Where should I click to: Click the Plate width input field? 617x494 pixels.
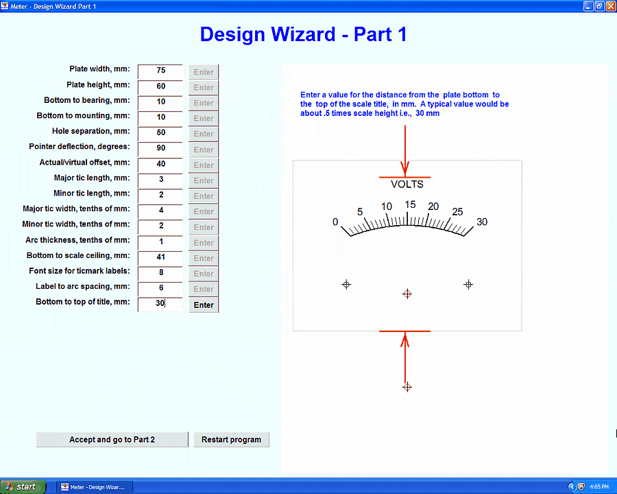coord(160,71)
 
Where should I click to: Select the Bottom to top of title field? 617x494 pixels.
coord(160,304)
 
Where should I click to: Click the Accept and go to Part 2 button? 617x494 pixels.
coord(112,440)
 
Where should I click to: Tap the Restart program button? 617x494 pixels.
coord(232,440)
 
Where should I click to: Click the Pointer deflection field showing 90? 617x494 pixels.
coord(160,148)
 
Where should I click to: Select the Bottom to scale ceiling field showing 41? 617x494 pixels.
coord(160,258)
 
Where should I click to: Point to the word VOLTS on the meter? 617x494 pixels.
coord(407,185)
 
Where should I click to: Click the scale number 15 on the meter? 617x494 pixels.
coord(410,204)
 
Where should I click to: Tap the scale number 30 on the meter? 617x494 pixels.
coord(482,222)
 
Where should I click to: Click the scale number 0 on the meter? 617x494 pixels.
coord(335,222)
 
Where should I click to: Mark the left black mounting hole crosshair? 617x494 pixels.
coord(346,285)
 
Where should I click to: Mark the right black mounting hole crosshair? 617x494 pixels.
coord(468,285)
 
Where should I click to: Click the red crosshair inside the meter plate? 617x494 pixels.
coord(407,294)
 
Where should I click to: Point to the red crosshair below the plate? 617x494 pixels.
coord(407,387)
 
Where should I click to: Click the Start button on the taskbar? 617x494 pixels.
coord(23,487)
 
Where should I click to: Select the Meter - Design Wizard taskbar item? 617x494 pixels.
coord(95,487)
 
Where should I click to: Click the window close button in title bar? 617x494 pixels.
coord(610,6)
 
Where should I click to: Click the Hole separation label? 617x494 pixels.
coord(91,131)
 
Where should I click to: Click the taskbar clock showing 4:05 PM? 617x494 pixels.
coord(599,487)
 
